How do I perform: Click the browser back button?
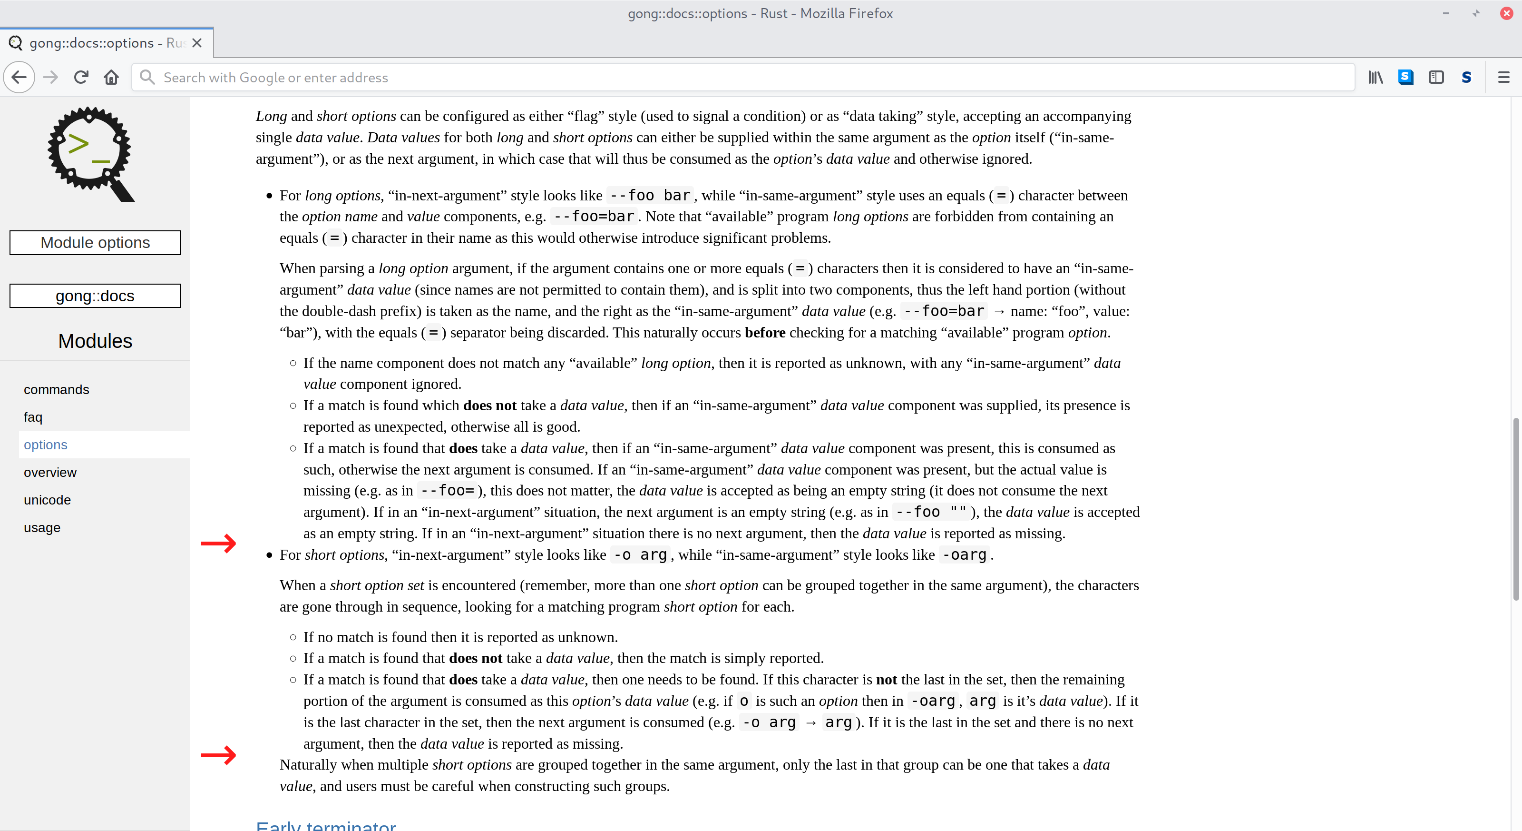coord(19,78)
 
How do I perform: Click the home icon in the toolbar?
coord(111,78)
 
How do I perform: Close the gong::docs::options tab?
coord(197,43)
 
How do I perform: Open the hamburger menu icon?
coord(1503,78)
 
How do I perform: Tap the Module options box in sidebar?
coord(95,242)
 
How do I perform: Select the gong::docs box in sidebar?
coord(95,296)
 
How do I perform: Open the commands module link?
coord(56,389)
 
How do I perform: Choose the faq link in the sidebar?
coord(33,417)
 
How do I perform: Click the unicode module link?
coord(47,500)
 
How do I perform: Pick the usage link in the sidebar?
coord(42,527)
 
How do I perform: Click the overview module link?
coord(50,472)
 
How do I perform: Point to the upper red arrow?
coord(219,543)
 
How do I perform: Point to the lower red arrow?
coord(219,755)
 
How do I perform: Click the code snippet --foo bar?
coord(650,195)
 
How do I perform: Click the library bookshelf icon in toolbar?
coord(1376,78)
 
